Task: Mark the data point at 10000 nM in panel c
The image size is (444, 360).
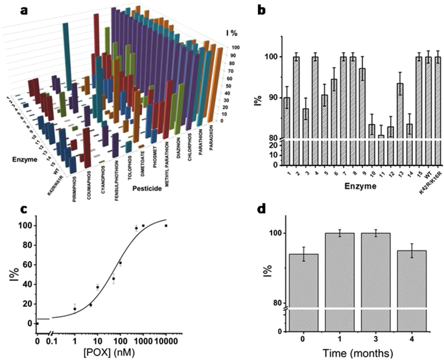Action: click(166, 226)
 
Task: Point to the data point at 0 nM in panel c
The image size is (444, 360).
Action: click(37, 323)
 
